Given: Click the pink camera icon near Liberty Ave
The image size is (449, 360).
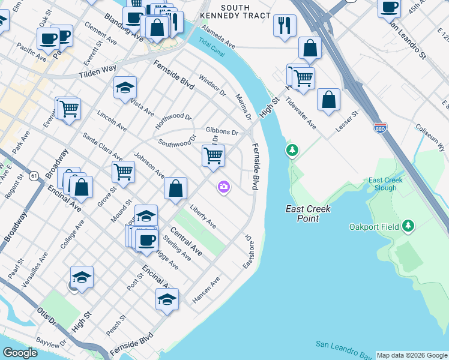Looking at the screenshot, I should click(x=224, y=188).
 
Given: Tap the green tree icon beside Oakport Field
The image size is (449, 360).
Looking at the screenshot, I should click(x=409, y=226).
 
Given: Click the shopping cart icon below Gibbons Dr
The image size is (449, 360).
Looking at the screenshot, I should click(x=213, y=155).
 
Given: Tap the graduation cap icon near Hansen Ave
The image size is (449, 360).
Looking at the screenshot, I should click(x=167, y=299).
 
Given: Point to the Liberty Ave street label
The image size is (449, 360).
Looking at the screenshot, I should click(x=203, y=217).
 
